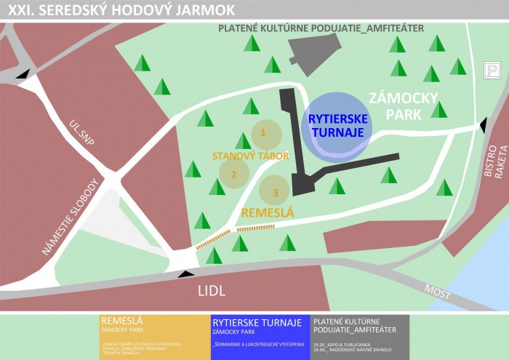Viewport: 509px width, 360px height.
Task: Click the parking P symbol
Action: pos(492,71)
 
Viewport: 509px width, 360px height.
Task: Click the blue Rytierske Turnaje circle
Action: pos(337,125)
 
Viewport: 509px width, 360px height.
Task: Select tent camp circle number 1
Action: pos(263,133)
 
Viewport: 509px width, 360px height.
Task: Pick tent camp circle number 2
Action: pos(233,175)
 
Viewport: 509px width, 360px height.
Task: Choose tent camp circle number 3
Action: pos(275,192)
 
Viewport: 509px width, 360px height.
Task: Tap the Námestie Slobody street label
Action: pos(69,217)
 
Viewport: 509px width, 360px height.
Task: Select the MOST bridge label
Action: pos(437,292)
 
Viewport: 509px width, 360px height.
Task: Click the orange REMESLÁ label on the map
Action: pos(268,213)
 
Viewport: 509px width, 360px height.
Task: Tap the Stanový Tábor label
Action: pos(251,156)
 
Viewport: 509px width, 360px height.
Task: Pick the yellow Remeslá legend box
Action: pos(153,337)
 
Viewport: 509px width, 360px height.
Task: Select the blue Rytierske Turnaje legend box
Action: pos(260,337)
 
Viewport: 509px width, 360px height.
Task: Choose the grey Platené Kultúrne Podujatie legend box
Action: pos(359,337)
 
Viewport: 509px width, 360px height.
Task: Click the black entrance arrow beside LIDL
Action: pos(187,273)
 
